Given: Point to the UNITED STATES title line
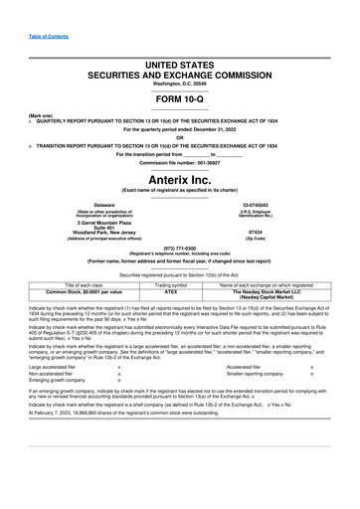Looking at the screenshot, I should (x=180, y=64).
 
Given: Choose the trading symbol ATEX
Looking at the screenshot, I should (x=170, y=292).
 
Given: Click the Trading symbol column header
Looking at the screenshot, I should (x=170, y=285).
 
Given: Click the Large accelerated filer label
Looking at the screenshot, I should (x=56, y=367).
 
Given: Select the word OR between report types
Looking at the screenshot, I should (x=180, y=137).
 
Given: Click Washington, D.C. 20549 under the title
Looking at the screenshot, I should (x=180, y=84).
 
